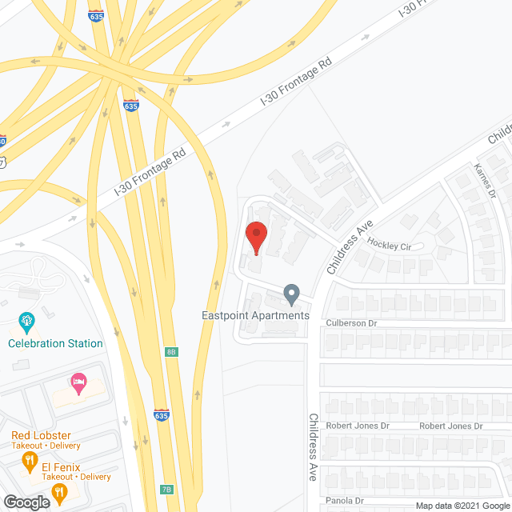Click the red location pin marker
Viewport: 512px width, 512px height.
pos(256,237)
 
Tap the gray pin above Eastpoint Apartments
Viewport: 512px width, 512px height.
pos(292,295)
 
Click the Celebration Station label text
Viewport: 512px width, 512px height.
pos(55,343)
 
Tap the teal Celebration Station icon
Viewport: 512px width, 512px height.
pos(27,323)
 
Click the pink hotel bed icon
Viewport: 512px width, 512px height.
pos(78,382)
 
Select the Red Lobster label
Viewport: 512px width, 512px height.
pos(41,435)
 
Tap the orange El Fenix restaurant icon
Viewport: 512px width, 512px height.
pos(29,460)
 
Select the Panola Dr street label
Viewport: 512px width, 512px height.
pos(346,502)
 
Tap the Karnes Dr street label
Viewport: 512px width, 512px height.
pos(485,181)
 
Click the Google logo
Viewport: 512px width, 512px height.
pos(26,502)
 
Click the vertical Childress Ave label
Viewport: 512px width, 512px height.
pos(314,446)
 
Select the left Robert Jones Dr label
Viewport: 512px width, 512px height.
pos(358,426)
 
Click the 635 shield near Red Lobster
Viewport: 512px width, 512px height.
pos(162,414)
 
